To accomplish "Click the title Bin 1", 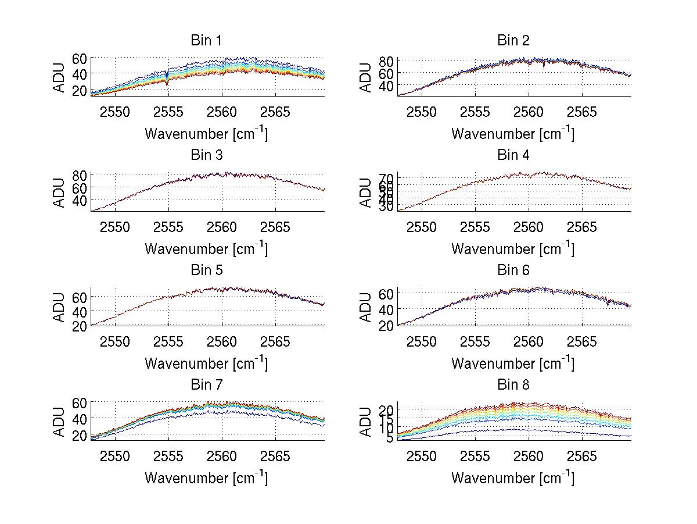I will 206,40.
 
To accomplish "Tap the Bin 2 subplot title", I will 513,40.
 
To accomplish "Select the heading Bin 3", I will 206,155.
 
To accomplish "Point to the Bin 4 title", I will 513,155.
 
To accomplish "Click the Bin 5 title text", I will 206,270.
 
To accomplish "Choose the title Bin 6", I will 513,270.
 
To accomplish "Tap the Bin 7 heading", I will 206,384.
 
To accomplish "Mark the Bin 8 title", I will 513,384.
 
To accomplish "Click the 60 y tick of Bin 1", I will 80,58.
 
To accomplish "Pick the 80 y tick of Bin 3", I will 80,174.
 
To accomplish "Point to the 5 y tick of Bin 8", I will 390,438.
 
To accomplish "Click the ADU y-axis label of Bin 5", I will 59,307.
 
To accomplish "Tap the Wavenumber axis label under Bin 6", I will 513,363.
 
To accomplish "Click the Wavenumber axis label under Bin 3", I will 206,249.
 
